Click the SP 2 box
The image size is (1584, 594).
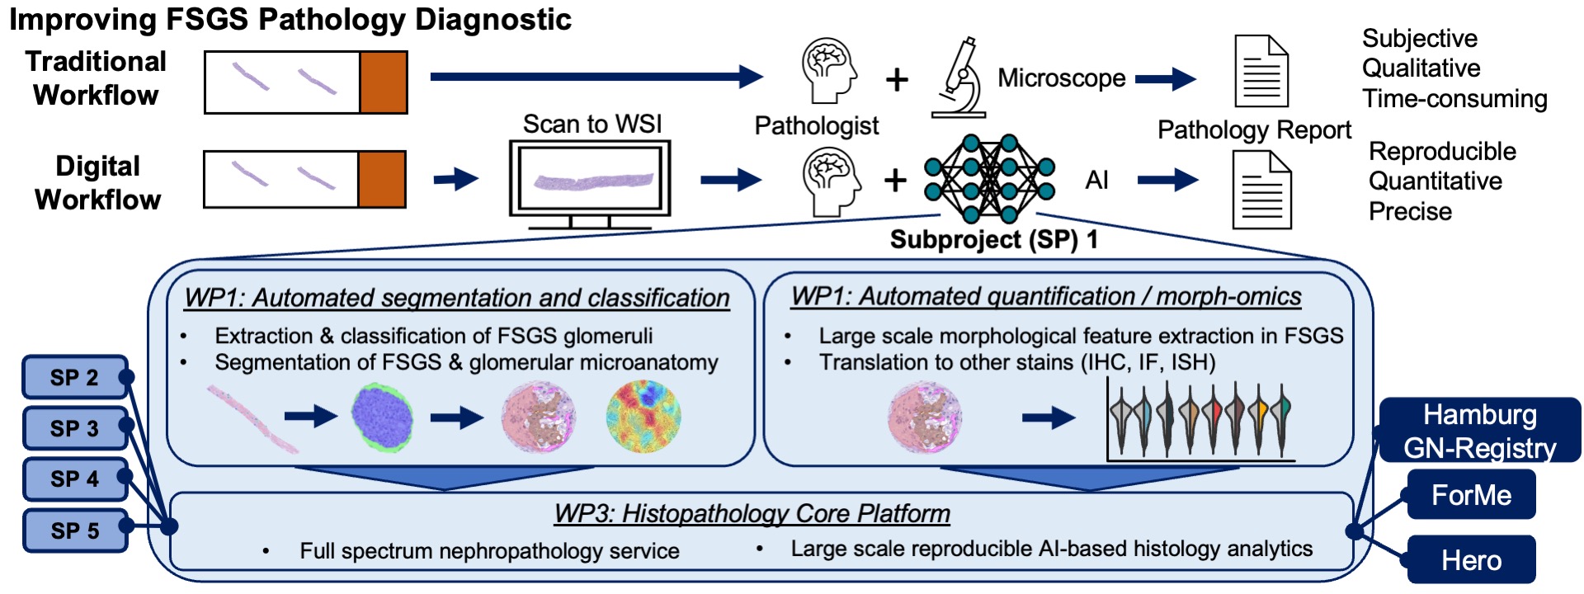(74, 378)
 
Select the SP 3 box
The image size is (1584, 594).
(74, 428)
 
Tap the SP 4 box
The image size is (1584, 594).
(74, 478)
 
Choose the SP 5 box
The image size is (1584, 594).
(74, 530)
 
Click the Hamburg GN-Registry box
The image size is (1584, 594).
(1479, 431)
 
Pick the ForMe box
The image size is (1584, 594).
(1471, 495)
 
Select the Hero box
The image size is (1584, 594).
(1471, 560)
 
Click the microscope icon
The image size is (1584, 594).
(959, 77)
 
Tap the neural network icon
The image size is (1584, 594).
(989, 179)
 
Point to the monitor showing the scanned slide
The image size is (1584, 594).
(589, 184)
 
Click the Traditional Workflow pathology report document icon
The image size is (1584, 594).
(1261, 71)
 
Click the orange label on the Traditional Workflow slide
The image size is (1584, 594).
(384, 82)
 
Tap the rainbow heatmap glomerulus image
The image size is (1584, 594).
(643, 417)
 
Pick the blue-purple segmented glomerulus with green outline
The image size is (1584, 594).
(383, 417)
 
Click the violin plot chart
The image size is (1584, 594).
(1200, 420)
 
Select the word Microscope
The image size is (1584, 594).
(1062, 78)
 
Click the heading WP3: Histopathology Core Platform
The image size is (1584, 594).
(752, 514)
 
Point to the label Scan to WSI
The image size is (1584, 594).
(592, 124)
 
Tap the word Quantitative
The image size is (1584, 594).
(1435, 181)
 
